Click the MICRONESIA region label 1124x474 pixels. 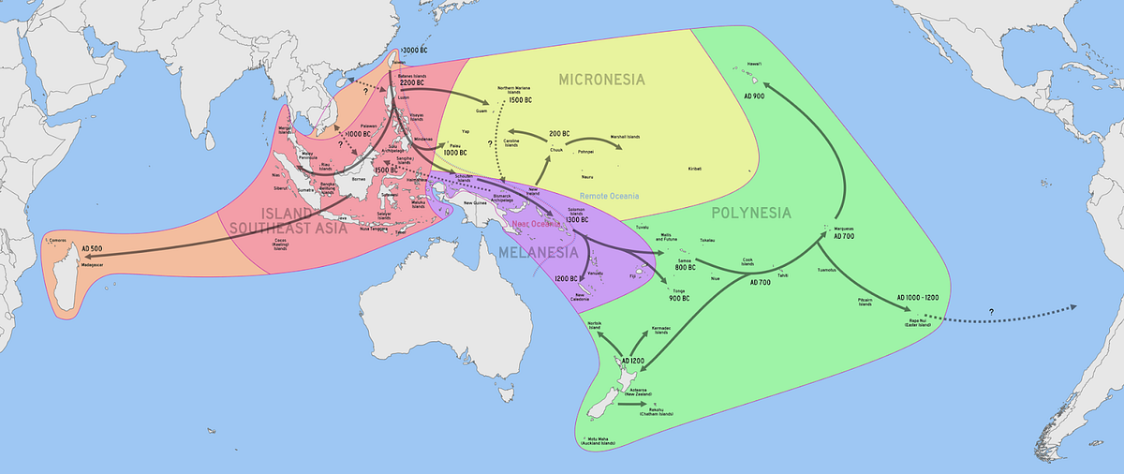601,79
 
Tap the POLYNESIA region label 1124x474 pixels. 751,213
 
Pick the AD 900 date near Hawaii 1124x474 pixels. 755,96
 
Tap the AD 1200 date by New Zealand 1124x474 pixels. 632,362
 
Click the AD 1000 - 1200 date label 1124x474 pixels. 924,297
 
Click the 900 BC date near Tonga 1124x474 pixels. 679,298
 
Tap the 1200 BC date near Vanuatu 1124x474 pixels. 566,279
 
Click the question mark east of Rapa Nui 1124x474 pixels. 991,311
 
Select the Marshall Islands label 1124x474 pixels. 626,137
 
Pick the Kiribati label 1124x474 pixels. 694,169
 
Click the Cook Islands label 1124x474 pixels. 747,261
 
